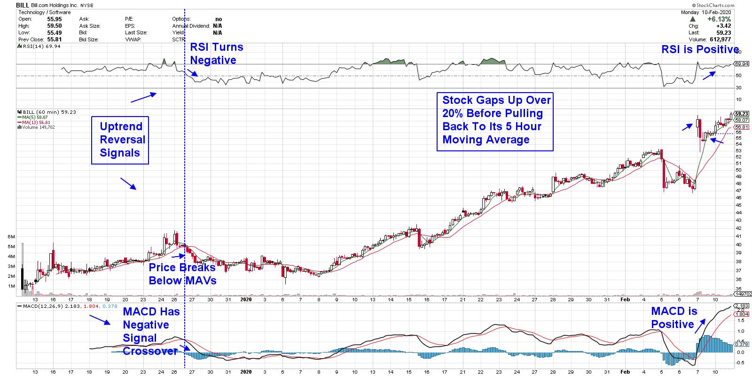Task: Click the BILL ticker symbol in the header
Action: (23, 5)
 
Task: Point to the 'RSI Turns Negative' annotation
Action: (216, 54)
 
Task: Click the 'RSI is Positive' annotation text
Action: (700, 50)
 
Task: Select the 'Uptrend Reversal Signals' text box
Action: (120, 140)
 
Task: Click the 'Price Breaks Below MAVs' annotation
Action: (182, 274)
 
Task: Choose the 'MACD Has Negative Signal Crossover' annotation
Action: (150, 331)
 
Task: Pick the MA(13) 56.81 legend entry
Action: (35, 122)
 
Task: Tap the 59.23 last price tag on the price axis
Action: (741, 114)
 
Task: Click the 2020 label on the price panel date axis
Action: (246, 299)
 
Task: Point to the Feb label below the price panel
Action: (625, 299)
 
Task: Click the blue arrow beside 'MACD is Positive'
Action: (700, 325)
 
